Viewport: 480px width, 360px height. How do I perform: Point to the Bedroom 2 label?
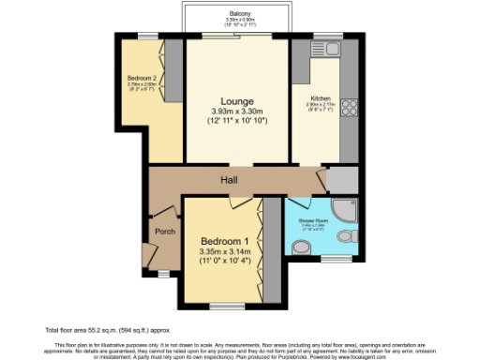142,80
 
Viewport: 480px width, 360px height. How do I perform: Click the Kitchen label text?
321,97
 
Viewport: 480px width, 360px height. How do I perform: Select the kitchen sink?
330,48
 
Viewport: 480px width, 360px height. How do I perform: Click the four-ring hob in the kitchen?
350,110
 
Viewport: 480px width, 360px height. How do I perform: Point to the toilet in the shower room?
300,247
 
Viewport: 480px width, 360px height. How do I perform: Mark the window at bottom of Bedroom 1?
224,306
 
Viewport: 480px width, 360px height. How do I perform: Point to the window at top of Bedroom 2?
147,36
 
